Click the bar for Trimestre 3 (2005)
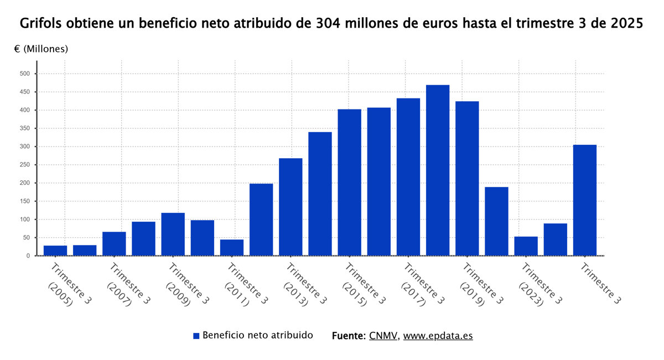(x=55, y=251)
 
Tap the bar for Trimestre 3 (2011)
(x=232, y=248)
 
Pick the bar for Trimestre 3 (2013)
(x=290, y=207)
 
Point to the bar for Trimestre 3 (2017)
(x=408, y=177)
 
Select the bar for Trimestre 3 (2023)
(x=526, y=246)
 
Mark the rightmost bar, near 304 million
(x=585, y=200)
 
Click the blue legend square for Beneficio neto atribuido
(x=196, y=336)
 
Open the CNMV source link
(x=383, y=336)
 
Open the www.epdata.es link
(x=438, y=336)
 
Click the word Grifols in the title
(x=41, y=24)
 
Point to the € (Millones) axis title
(x=41, y=49)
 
